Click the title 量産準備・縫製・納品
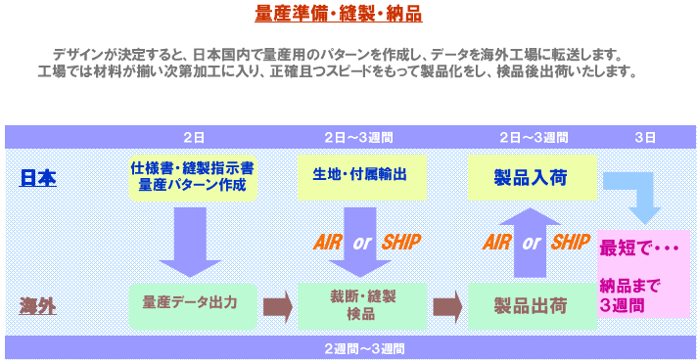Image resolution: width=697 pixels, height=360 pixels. pyautogui.click(x=338, y=16)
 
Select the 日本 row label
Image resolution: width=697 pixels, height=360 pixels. pyautogui.click(x=39, y=178)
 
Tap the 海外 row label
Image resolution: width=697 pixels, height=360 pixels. pyautogui.click(x=39, y=305)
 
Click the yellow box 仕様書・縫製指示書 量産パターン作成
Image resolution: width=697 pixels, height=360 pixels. pyautogui.click(x=193, y=176)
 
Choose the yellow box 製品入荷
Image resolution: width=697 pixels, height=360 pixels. pyautogui.click(x=531, y=177)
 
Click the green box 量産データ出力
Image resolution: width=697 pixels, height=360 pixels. pyautogui.click(x=193, y=304)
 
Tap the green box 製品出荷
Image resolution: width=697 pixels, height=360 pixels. pyautogui.click(x=531, y=305)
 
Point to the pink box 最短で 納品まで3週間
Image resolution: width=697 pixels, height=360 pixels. pyautogui.click(x=643, y=274)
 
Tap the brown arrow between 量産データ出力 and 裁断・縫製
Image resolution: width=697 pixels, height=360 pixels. pyautogui.click(x=278, y=305)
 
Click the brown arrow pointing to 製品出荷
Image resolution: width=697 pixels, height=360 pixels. pyautogui.click(x=447, y=305)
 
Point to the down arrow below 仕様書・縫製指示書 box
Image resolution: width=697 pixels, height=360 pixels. pyautogui.click(x=193, y=240)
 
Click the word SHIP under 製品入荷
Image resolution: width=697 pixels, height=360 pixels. pyautogui.click(x=571, y=242)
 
